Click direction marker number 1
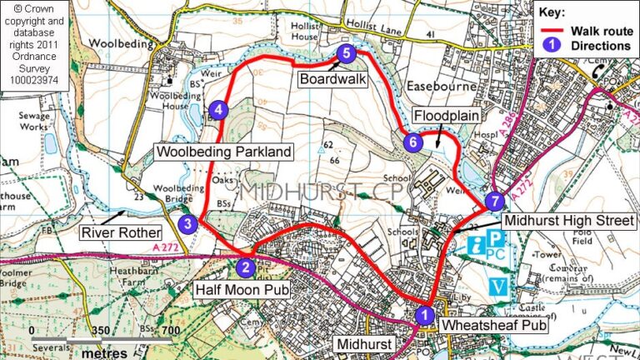pos(424,315)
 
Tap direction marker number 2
pos(245,267)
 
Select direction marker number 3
pos(189,223)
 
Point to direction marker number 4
pos(217,109)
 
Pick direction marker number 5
pos(347,53)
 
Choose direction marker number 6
pos(412,142)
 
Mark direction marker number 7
pos(494,201)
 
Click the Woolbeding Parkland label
pos(224,152)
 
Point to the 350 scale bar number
pos(99,331)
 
